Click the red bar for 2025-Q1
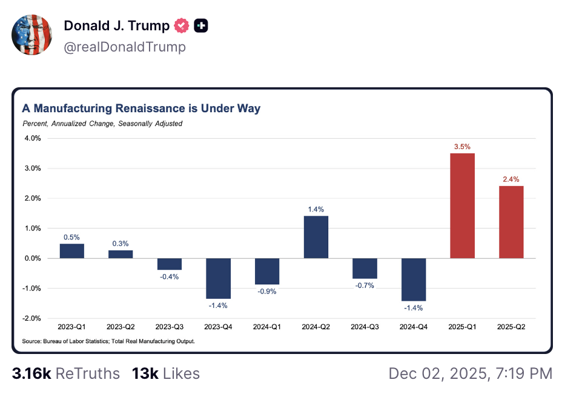[462, 206]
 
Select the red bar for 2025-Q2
[511, 222]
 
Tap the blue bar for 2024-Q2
[316, 237]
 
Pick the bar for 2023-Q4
[218, 278]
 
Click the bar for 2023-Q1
[72, 251]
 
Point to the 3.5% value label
[462, 147]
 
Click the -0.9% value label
[266, 292]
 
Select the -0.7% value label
[365, 285]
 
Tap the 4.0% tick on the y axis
[31, 138]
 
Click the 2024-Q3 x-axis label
[365, 327]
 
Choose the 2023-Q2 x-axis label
[121, 327]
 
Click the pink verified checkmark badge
[182, 26]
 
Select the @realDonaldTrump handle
[125, 47]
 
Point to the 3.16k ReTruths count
[66, 373]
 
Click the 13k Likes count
[165, 373]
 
